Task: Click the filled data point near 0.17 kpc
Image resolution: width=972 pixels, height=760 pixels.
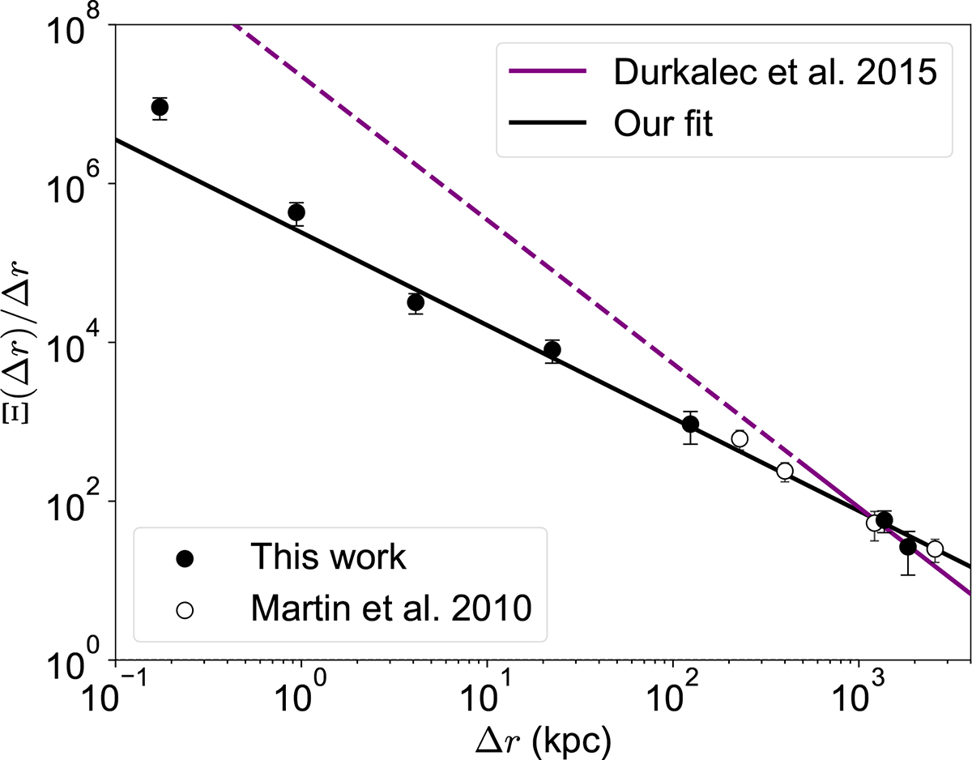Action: (160, 108)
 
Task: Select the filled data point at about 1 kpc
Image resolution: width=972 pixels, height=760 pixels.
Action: (296, 212)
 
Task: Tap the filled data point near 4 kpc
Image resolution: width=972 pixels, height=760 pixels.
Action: (416, 302)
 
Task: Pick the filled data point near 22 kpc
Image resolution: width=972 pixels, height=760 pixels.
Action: (552, 350)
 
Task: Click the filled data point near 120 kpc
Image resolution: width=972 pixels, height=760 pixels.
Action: (690, 425)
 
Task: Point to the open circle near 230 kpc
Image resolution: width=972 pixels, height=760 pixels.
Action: (739, 439)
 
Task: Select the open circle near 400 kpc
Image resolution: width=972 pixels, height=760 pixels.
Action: (784, 471)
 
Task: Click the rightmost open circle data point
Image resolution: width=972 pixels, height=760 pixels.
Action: (935, 549)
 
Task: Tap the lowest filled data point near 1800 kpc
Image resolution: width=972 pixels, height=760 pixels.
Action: (908, 547)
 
